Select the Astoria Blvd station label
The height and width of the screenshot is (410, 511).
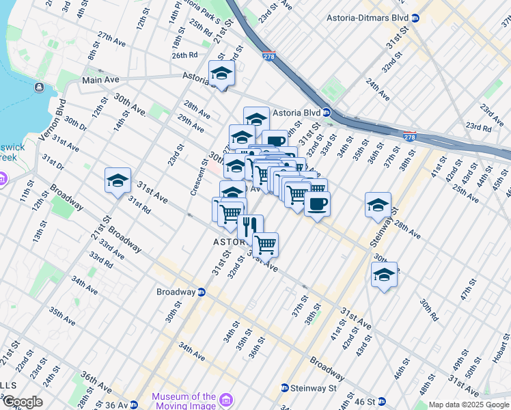(296, 112)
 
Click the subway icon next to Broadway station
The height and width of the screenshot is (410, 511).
(202, 292)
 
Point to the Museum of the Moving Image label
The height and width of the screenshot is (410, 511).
(183, 401)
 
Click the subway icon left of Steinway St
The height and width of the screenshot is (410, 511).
(284, 388)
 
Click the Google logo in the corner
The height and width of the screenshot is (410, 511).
(22, 402)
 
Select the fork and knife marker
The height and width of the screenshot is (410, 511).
(250, 225)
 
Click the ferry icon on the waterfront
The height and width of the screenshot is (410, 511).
(38, 87)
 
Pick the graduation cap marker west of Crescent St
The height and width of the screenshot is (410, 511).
(118, 180)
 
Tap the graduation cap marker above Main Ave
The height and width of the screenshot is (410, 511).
(221, 72)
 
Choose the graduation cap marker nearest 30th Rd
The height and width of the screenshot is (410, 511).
(384, 275)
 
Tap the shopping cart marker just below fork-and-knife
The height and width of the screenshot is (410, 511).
(265, 243)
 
